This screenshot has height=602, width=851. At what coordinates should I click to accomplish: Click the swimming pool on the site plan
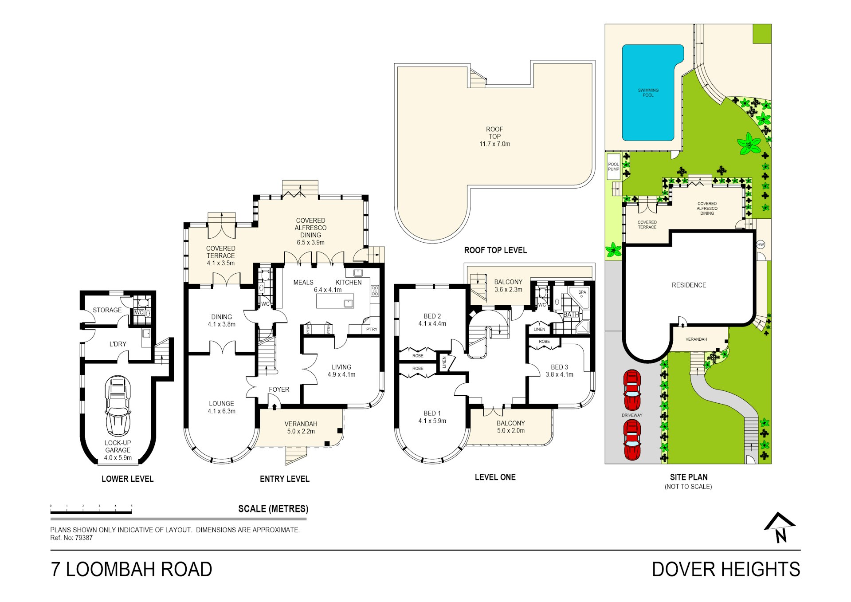[648, 93]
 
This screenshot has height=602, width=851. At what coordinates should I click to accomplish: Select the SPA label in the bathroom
[582, 292]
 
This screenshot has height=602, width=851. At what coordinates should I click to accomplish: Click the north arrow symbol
[780, 528]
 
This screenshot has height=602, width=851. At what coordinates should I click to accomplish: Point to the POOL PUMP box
[613, 166]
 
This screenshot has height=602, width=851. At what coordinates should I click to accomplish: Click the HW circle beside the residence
[761, 244]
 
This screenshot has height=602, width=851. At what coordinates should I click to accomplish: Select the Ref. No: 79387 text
[71, 538]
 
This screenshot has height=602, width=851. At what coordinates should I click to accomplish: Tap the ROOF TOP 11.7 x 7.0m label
[494, 137]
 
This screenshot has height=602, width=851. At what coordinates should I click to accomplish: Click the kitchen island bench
[335, 301]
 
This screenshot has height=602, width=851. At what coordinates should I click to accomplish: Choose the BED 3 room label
[559, 370]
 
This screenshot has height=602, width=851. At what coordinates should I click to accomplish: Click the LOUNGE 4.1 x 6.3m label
[221, 407]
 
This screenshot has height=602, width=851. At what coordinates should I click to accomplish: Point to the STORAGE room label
[107, 310]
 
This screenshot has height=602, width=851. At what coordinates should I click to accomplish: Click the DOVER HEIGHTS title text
[726, 569]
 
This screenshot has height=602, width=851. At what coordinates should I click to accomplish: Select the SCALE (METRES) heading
[273, 509]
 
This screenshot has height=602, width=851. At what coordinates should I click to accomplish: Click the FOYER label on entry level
[278, 390]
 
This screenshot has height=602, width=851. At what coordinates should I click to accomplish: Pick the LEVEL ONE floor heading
[495, 477]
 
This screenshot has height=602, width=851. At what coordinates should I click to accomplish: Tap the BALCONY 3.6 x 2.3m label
[508, 285]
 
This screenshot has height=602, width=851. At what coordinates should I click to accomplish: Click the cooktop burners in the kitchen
[375, 291]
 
